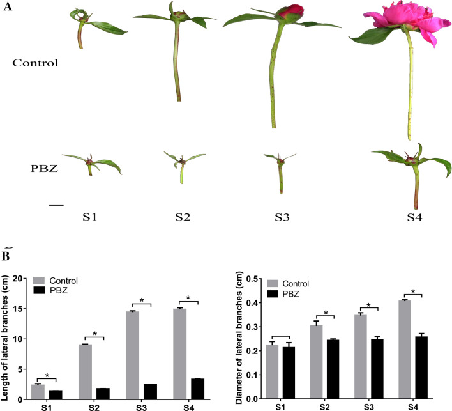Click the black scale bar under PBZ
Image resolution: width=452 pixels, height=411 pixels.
(56, 205)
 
